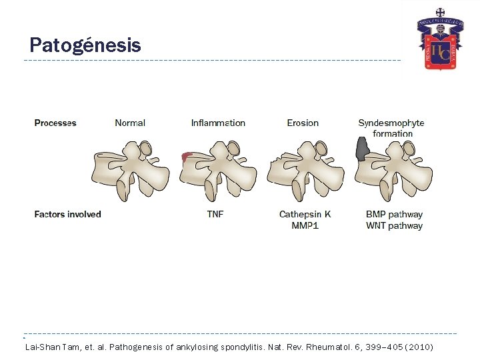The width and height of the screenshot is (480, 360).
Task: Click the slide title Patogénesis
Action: point(85,45)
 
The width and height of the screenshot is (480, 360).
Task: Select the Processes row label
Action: point(55,123)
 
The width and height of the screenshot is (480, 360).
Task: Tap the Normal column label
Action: point(130,123)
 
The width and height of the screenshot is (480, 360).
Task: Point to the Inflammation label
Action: point(218,123)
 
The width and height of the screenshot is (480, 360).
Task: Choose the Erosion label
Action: point(303,123)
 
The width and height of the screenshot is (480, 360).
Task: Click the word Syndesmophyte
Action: point(391,123)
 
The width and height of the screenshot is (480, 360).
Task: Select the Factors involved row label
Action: point(67,214)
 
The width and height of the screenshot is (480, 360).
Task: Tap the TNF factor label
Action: point(215,214)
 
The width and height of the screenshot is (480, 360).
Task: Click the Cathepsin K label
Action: point(305,214)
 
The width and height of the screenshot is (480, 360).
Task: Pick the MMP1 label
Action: point(305,225)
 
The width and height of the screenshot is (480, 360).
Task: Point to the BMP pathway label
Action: point(394,214)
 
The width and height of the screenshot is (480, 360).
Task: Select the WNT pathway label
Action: point(394,225)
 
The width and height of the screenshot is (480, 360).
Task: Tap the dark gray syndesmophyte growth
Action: point(362,150)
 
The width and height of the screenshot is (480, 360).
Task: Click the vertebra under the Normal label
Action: point(130,170)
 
